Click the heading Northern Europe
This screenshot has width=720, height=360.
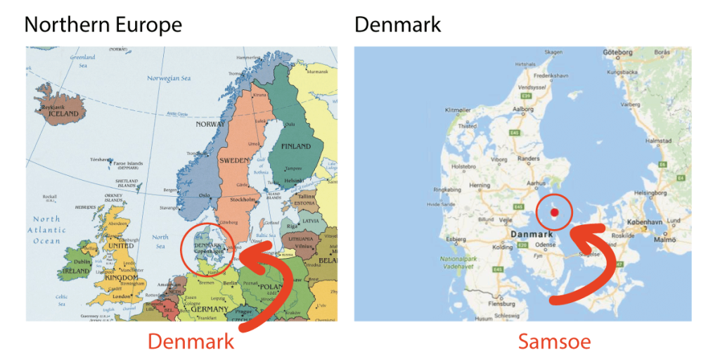[103, 25]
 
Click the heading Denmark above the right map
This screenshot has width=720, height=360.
[397, 25]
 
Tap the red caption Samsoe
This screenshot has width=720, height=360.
[554, 342]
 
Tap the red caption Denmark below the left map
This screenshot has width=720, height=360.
[190, 342]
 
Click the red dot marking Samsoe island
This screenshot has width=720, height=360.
[553, 212]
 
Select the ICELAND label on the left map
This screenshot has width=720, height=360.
[63, 114]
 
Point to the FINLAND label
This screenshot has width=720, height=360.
[296, 146]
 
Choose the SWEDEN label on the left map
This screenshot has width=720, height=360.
[235, 160]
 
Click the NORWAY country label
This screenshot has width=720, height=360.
[211, 124]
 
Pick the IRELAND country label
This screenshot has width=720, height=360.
[77, 271]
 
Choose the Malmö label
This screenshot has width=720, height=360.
[664, 239]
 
